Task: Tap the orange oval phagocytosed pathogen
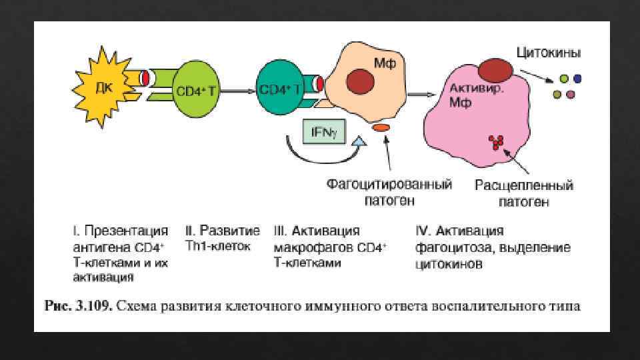click(381, 127)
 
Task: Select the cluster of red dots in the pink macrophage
click(496, 141)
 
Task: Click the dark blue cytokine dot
click(577, 78)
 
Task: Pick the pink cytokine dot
click(571, 94)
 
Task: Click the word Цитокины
click(548, 51)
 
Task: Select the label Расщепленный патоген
click(523, 193)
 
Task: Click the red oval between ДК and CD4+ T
click(144, 78)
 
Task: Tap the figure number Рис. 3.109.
click(78, 307)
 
